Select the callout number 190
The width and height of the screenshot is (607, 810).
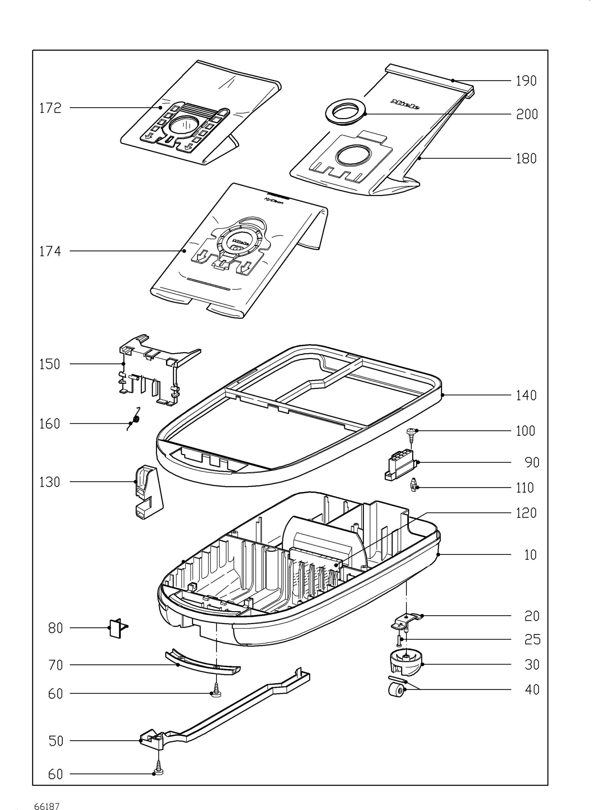526,81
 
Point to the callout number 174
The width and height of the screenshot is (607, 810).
51,251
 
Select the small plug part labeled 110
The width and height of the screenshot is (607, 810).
414,486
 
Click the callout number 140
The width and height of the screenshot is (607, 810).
526,395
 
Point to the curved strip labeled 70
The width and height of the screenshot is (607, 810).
202,662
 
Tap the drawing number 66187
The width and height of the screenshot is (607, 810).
46,804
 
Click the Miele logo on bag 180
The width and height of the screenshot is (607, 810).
405,104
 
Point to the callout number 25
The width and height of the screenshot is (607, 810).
532,639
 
